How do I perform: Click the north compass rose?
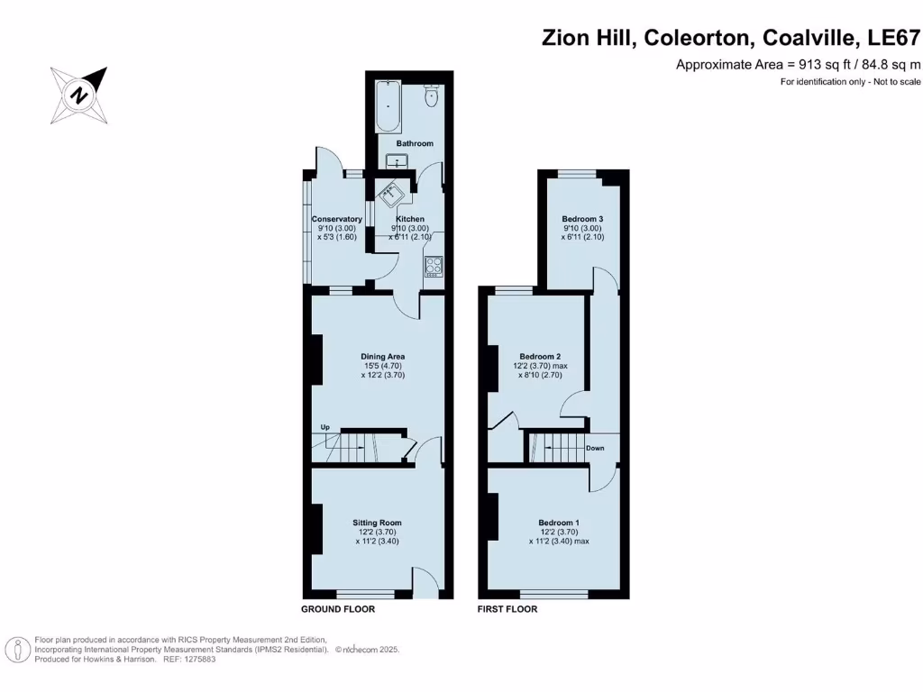pos(79,95)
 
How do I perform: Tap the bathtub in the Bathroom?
pos(388,106)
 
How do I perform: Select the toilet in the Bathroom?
pos(431,96)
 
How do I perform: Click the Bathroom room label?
pos(415,143)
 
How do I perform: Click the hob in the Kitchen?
pos(433,267)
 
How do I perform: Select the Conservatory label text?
pos(337,219)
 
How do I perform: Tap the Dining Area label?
pos(383,357)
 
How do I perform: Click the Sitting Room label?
pos(377,523)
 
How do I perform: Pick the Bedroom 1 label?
pos(559,523)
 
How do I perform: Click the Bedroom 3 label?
pos(582,219)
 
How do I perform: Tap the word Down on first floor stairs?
pos(595,448)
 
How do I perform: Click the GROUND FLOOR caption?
pos(338,609)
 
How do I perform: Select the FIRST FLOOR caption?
pos(507,609)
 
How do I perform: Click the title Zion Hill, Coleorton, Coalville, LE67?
pos(731,38)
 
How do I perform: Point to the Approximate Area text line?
pos(798,65)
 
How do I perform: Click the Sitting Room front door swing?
pos(423,580)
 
